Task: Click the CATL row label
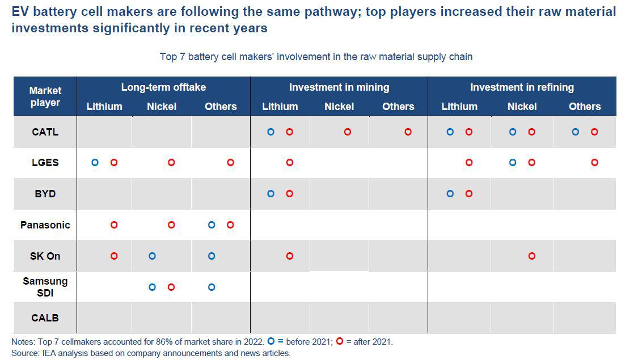tap(45, 132)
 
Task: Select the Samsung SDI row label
tap(45, 287)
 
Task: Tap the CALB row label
tap(45, 317)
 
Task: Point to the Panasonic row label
tap(45, 225)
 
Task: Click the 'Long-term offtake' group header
tap(163, 87)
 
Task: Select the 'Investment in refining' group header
tap(522, 87)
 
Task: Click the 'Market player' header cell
tap(45, 96)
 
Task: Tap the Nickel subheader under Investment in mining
tap(339, 107)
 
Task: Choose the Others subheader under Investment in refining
tap(585, 107)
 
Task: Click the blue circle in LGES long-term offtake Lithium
tap(95, 162)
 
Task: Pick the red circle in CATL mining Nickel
tap(348, 132)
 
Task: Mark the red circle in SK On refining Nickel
tap(532, 256)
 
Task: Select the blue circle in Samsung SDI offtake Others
tap(212, 287)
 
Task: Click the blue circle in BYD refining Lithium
tap(450, 194)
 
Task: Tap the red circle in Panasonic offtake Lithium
tap(114, 225)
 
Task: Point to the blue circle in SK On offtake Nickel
tap(152, 256)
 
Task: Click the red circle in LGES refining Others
tap(594, 162)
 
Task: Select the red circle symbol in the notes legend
tap(340, 341)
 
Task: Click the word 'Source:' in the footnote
tap(25, 353)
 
